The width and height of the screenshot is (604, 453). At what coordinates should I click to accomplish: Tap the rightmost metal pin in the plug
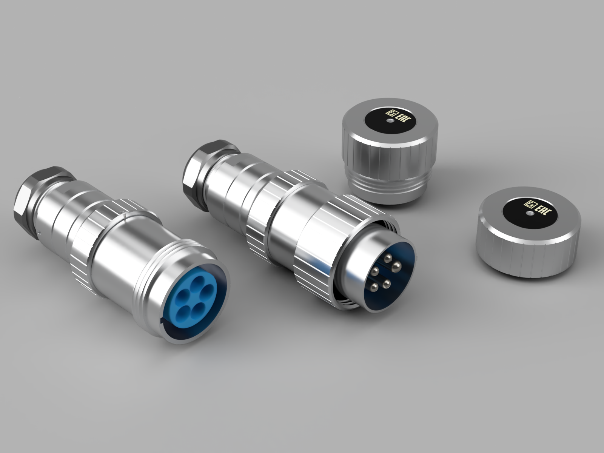[x=396, y=266]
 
